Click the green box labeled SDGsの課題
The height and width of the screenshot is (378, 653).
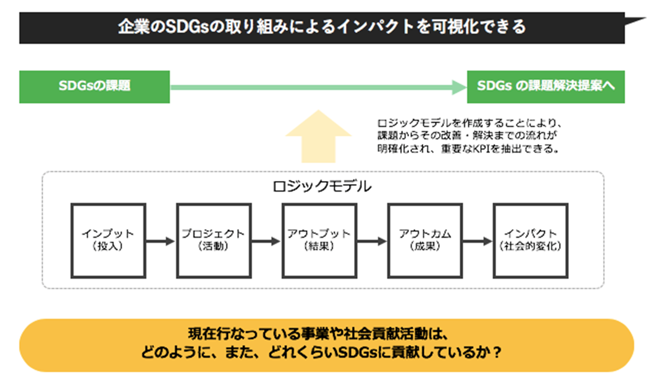click(x=95, y=87)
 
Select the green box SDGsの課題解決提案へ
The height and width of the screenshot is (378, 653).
click(x=546, y=87)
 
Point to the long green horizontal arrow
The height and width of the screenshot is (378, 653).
click(x=319, y=88)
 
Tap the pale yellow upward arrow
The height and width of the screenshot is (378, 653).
click(x=319, y=136)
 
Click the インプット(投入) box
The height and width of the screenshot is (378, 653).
click(x=108, y=241)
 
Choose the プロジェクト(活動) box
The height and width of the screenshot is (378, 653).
click(x=214, y=241)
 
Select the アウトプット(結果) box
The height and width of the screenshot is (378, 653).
click(x=319, y=241)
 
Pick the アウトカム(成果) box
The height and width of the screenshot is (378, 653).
click(x=425, y=241)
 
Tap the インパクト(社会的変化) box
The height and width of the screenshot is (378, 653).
click(x=531, y=241)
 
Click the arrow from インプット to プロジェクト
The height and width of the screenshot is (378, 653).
click(x=161, y=241)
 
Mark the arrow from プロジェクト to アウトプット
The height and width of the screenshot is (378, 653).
click(x=266, y=241)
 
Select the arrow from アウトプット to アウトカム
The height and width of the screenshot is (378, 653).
click(x=372, y=241)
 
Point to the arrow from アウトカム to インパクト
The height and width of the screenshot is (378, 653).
click(x=478, y=241)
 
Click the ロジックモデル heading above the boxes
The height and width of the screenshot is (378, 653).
click(x=322, y=186)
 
